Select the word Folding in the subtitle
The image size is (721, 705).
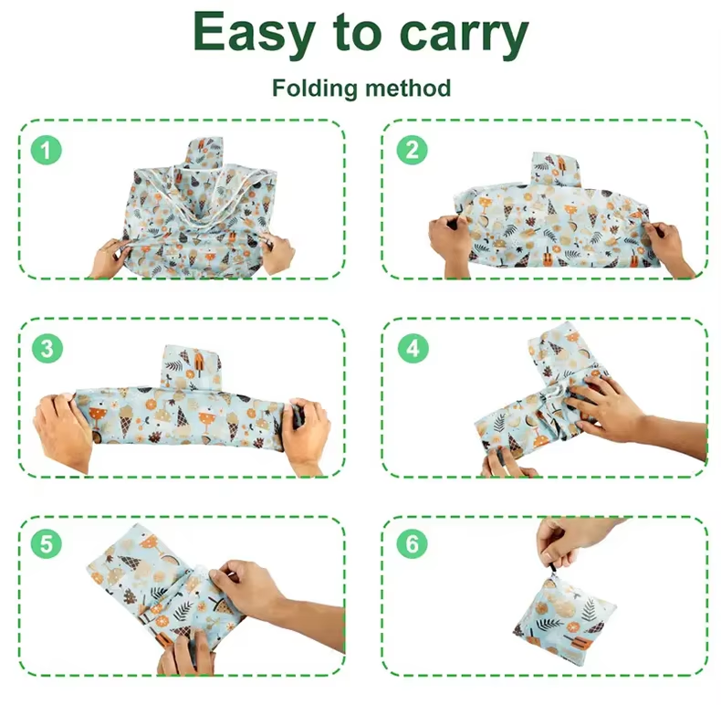tap(314, 89)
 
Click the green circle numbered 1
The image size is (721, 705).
tap(46, 150)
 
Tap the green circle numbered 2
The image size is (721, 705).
tap(412, 150)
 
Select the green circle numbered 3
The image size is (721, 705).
tap(47, 348)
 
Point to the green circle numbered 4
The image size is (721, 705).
tap(413, 348)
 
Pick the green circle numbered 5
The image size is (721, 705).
tap(46, 544)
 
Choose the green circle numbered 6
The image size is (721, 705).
tap(412, 544)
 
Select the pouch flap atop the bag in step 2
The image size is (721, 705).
tap(555, 169)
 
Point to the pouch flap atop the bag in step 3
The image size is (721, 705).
tap(192, 367)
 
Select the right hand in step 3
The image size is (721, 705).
tap(306, 435)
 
